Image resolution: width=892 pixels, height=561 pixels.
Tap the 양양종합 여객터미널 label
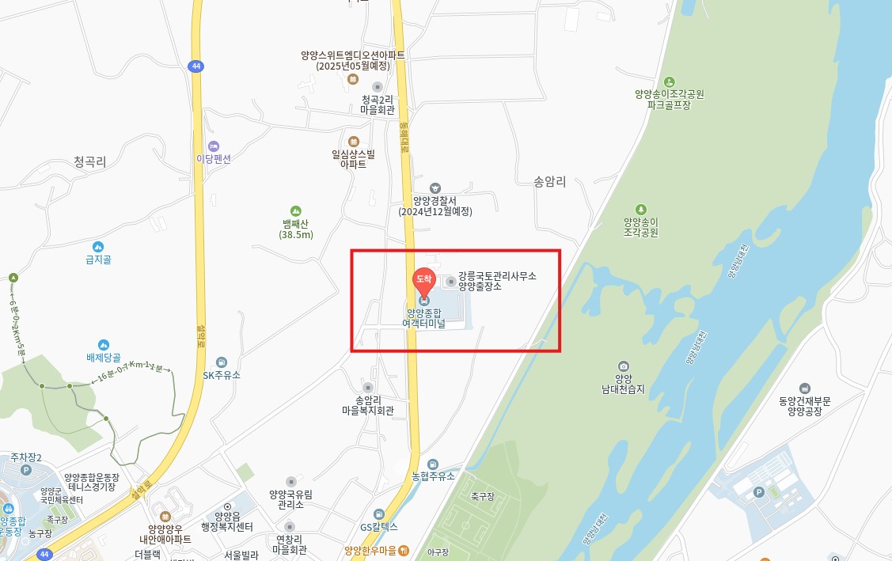coord(423,317)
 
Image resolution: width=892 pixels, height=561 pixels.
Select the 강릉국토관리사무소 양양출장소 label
coord(497,281)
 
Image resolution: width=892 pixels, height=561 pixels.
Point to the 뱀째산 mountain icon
coord(296,211)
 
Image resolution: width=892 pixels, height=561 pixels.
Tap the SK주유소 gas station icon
coord(221,362)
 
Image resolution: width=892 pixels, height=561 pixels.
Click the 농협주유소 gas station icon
coord(433,464)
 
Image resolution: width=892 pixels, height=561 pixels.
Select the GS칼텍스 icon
coord(379,514)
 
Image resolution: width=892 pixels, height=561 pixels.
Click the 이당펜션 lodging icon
coord(213,146)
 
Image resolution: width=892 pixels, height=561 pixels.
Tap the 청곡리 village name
coord(89,161)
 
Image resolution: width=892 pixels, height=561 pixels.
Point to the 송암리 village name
coord(550,181)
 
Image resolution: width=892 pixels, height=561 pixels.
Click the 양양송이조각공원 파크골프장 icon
coord(669,81)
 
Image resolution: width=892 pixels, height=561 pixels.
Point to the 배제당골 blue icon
coord(103,345)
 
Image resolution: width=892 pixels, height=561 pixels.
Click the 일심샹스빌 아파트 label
coord(353,159)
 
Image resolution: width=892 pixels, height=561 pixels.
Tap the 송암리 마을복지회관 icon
coord(368,387)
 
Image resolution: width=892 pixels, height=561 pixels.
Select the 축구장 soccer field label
coord(482,496)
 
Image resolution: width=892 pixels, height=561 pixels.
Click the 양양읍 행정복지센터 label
coord(227,522)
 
